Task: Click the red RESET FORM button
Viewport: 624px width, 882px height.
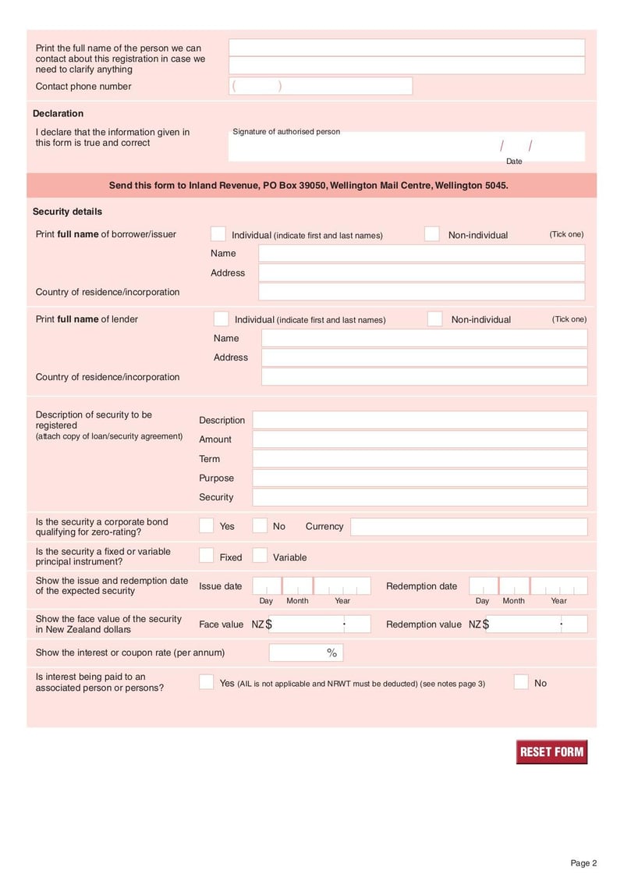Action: tap(551, 752)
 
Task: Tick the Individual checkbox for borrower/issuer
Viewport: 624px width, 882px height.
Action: tap(218, 234)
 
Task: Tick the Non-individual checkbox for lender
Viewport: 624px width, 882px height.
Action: tap(435, 319)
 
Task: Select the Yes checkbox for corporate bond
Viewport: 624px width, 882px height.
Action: tap(206, 526)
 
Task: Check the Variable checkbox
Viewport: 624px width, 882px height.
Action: tap(260, 557)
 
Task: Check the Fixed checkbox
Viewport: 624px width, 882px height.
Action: tap(206, 557)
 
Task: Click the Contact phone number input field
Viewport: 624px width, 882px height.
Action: tap(321, 87)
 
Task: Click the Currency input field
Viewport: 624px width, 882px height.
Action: tap(468, 527)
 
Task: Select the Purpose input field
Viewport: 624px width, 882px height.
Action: tap(420, 478)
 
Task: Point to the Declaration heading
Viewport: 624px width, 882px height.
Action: tap(58, 114)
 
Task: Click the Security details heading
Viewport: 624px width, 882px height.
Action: tap(67, 212)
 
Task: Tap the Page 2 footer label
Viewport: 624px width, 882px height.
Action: tap(583, 862)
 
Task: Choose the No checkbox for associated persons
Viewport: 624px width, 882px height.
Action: tap(521, 682)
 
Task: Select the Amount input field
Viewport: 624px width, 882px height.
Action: tap(420, 439)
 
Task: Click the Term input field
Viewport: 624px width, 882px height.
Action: tap(420, 459)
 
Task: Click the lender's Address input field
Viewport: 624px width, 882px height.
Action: tap(424, 357)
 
